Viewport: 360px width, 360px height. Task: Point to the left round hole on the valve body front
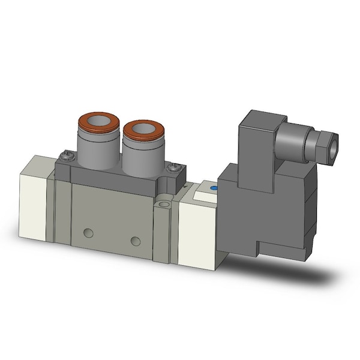[89, 232]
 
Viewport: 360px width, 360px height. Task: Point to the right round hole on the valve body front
[136, 241]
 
